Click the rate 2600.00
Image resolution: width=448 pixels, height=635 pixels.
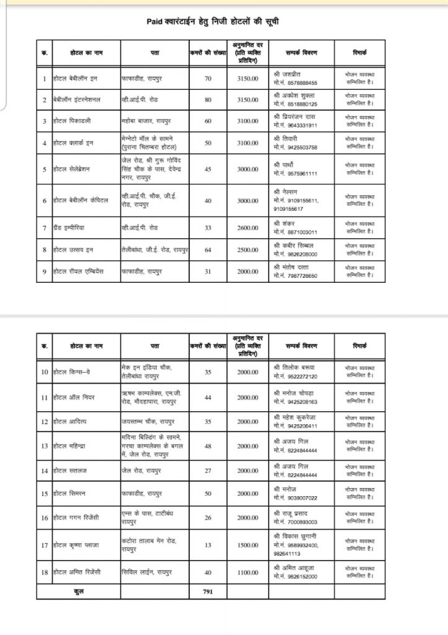point(248,228)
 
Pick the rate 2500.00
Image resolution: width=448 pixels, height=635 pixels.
point(248,250)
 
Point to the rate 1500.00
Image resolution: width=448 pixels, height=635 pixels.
point(248,545)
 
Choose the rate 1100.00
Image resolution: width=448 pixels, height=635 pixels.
point(248,573)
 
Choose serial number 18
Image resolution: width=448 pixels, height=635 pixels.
point(44,573)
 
